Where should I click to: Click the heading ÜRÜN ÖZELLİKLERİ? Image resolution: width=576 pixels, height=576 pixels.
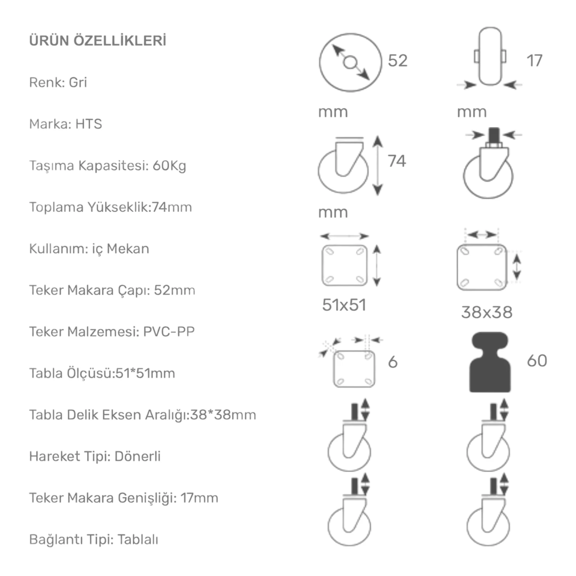(x=98, y=41)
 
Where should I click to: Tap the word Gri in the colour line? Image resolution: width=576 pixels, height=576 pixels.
(x=78, y=82)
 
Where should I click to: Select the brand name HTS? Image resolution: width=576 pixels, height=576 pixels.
(x=88, y=124)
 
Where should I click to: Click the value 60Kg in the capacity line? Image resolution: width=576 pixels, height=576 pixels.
(x=169, y=166)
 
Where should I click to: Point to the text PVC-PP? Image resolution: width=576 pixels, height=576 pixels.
(x=168, y=331)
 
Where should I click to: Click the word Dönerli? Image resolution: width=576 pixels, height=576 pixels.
(x=137, y=456)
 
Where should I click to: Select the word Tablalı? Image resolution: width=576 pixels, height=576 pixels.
(x=138, y=539)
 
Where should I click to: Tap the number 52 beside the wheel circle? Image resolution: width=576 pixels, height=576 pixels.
(x=397, y=61)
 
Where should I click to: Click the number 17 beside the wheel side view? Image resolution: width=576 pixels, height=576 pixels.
(x=534, y=61)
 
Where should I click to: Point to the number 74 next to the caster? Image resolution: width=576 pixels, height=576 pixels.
(x=397, y=161)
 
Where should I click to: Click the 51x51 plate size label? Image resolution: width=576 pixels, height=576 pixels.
(x=344, y=305)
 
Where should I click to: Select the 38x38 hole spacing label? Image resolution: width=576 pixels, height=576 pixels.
(x=486, y=312)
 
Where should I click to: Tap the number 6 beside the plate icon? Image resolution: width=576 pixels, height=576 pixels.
(x=392, y=362)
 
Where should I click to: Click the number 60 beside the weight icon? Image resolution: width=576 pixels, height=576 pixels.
(x=537, y=360)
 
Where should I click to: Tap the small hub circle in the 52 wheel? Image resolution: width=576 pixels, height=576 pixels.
(x=350, y=62)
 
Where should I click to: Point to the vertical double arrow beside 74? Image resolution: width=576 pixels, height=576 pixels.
(x=378, y=166)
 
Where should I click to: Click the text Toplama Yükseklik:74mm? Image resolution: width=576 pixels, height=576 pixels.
(x=110, y=207)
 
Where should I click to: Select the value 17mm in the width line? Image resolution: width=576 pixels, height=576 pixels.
(x=199, y=498)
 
